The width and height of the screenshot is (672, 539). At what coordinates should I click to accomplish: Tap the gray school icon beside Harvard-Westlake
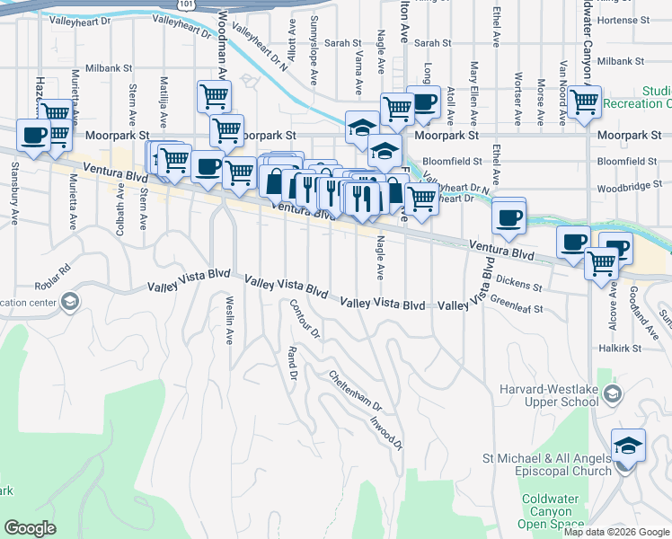click(x=613, y=393)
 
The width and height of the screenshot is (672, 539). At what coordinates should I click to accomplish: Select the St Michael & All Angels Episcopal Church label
click(x=547, y=464)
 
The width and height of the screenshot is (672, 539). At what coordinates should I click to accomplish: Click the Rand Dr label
click(x=291, y=362)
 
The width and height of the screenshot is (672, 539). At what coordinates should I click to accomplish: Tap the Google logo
click(x=30, y=528)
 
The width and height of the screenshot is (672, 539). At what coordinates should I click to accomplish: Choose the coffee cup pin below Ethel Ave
click(x=509, y=217)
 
